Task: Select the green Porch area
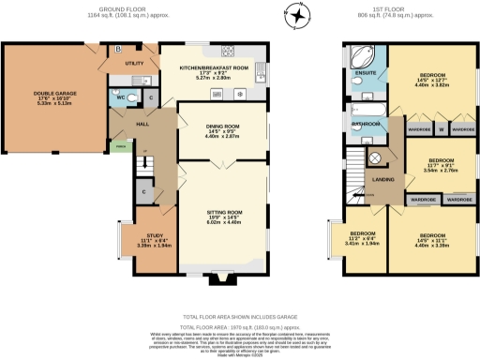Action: click(x=118, y=145)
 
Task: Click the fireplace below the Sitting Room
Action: click(x=222, y=276)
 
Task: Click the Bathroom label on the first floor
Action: click(x=365, y=123)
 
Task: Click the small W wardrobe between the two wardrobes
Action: click(x=439, y=127)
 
